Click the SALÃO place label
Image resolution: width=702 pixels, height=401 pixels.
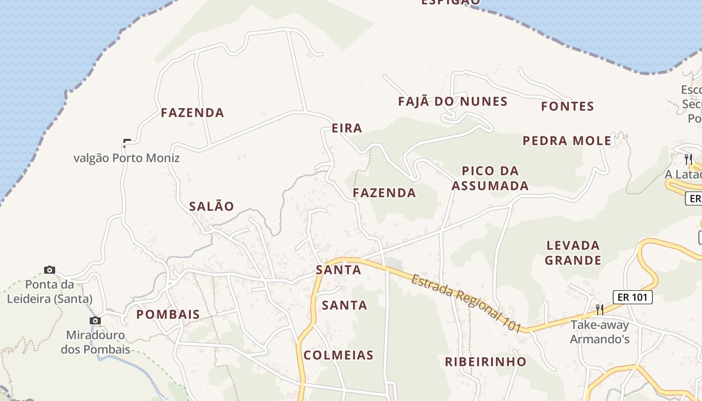212,206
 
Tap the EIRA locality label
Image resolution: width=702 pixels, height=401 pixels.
347,128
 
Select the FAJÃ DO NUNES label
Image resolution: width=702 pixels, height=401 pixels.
453,102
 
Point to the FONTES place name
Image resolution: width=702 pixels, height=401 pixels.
568,106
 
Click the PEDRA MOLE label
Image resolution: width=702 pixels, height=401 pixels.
567,141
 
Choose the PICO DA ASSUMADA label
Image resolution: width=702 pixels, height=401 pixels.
490,178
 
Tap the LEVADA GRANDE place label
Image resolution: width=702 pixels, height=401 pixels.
573,253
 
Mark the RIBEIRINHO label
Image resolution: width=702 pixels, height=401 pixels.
486,361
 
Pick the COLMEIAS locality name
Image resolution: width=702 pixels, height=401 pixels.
339,355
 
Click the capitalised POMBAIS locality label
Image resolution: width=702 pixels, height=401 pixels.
168,314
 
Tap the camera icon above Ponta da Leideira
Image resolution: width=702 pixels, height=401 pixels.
50,270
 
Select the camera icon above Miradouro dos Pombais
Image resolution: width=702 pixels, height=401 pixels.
95,320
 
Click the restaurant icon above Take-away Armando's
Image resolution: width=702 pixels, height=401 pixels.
599,309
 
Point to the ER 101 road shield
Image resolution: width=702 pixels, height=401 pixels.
633,297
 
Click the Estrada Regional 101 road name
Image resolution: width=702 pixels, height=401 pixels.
467,303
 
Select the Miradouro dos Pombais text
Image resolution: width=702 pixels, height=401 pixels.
95,342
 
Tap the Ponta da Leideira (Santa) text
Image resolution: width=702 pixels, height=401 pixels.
49,292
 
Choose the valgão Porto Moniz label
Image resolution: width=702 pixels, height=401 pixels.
126,158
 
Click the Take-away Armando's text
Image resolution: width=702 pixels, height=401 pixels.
600,332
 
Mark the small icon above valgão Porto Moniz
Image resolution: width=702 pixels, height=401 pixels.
127,143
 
